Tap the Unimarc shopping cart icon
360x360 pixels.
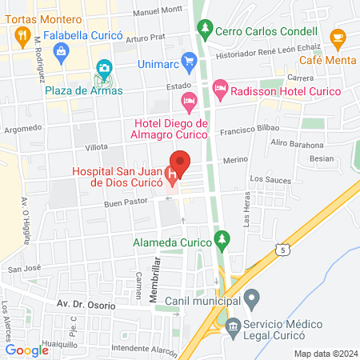coord(189,60)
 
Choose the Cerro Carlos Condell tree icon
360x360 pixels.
coord(206,29)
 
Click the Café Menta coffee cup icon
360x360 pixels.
coord(338,37)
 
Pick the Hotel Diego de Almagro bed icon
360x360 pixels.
coord(189,101)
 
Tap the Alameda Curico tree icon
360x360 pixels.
coord(225,239)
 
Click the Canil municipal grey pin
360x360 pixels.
coord(251,301)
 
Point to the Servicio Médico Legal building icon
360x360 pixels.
coord(234,326)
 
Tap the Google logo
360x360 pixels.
coord(27,350)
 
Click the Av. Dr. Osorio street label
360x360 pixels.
coord(86,306)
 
